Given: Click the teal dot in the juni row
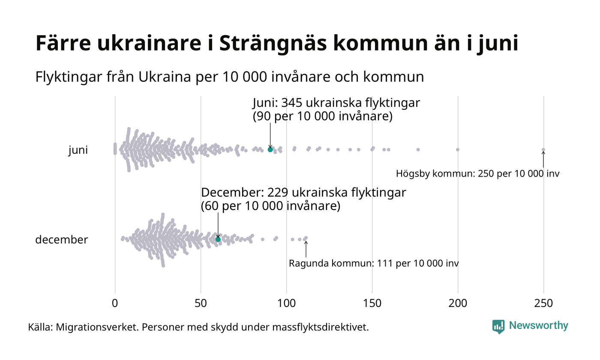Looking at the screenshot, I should (x=270, y=150).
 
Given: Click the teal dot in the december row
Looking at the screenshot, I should (x=218, y=239).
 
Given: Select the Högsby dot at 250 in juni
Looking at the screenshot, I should (x=543, y=150).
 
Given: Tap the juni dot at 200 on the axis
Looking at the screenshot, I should (x=458, y=150).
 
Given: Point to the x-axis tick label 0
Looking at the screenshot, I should (x=115, y=303).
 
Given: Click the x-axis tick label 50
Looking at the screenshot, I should (x=201, y=303).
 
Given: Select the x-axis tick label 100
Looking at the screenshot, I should (x=286, y=303).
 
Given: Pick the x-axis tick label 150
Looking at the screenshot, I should (x=372, y=303).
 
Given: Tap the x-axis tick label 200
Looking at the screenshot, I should (x=458, y=303).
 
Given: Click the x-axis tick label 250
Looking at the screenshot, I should (x=543, y=303).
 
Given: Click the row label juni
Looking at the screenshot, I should (x=78, y=150).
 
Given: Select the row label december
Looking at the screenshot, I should (x=61, y=240).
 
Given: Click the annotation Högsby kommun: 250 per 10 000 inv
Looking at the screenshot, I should (x=477, y=174).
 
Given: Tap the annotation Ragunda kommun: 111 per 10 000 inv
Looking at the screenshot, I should (x=374, y=264).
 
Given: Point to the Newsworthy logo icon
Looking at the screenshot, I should (x=498, y=327).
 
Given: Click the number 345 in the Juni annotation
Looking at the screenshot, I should (x=292, y=103).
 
